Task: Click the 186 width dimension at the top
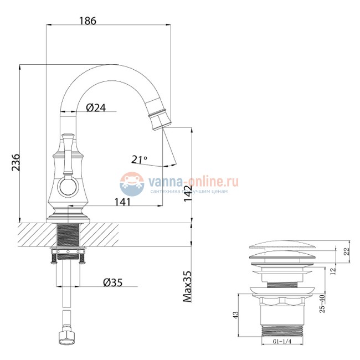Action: (88, 20)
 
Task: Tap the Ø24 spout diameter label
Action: (96, 108)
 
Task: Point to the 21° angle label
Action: (140, 160)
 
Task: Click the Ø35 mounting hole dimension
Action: (113, 282)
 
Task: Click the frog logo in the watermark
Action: (132, 182)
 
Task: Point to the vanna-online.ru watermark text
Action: (192, 180)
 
